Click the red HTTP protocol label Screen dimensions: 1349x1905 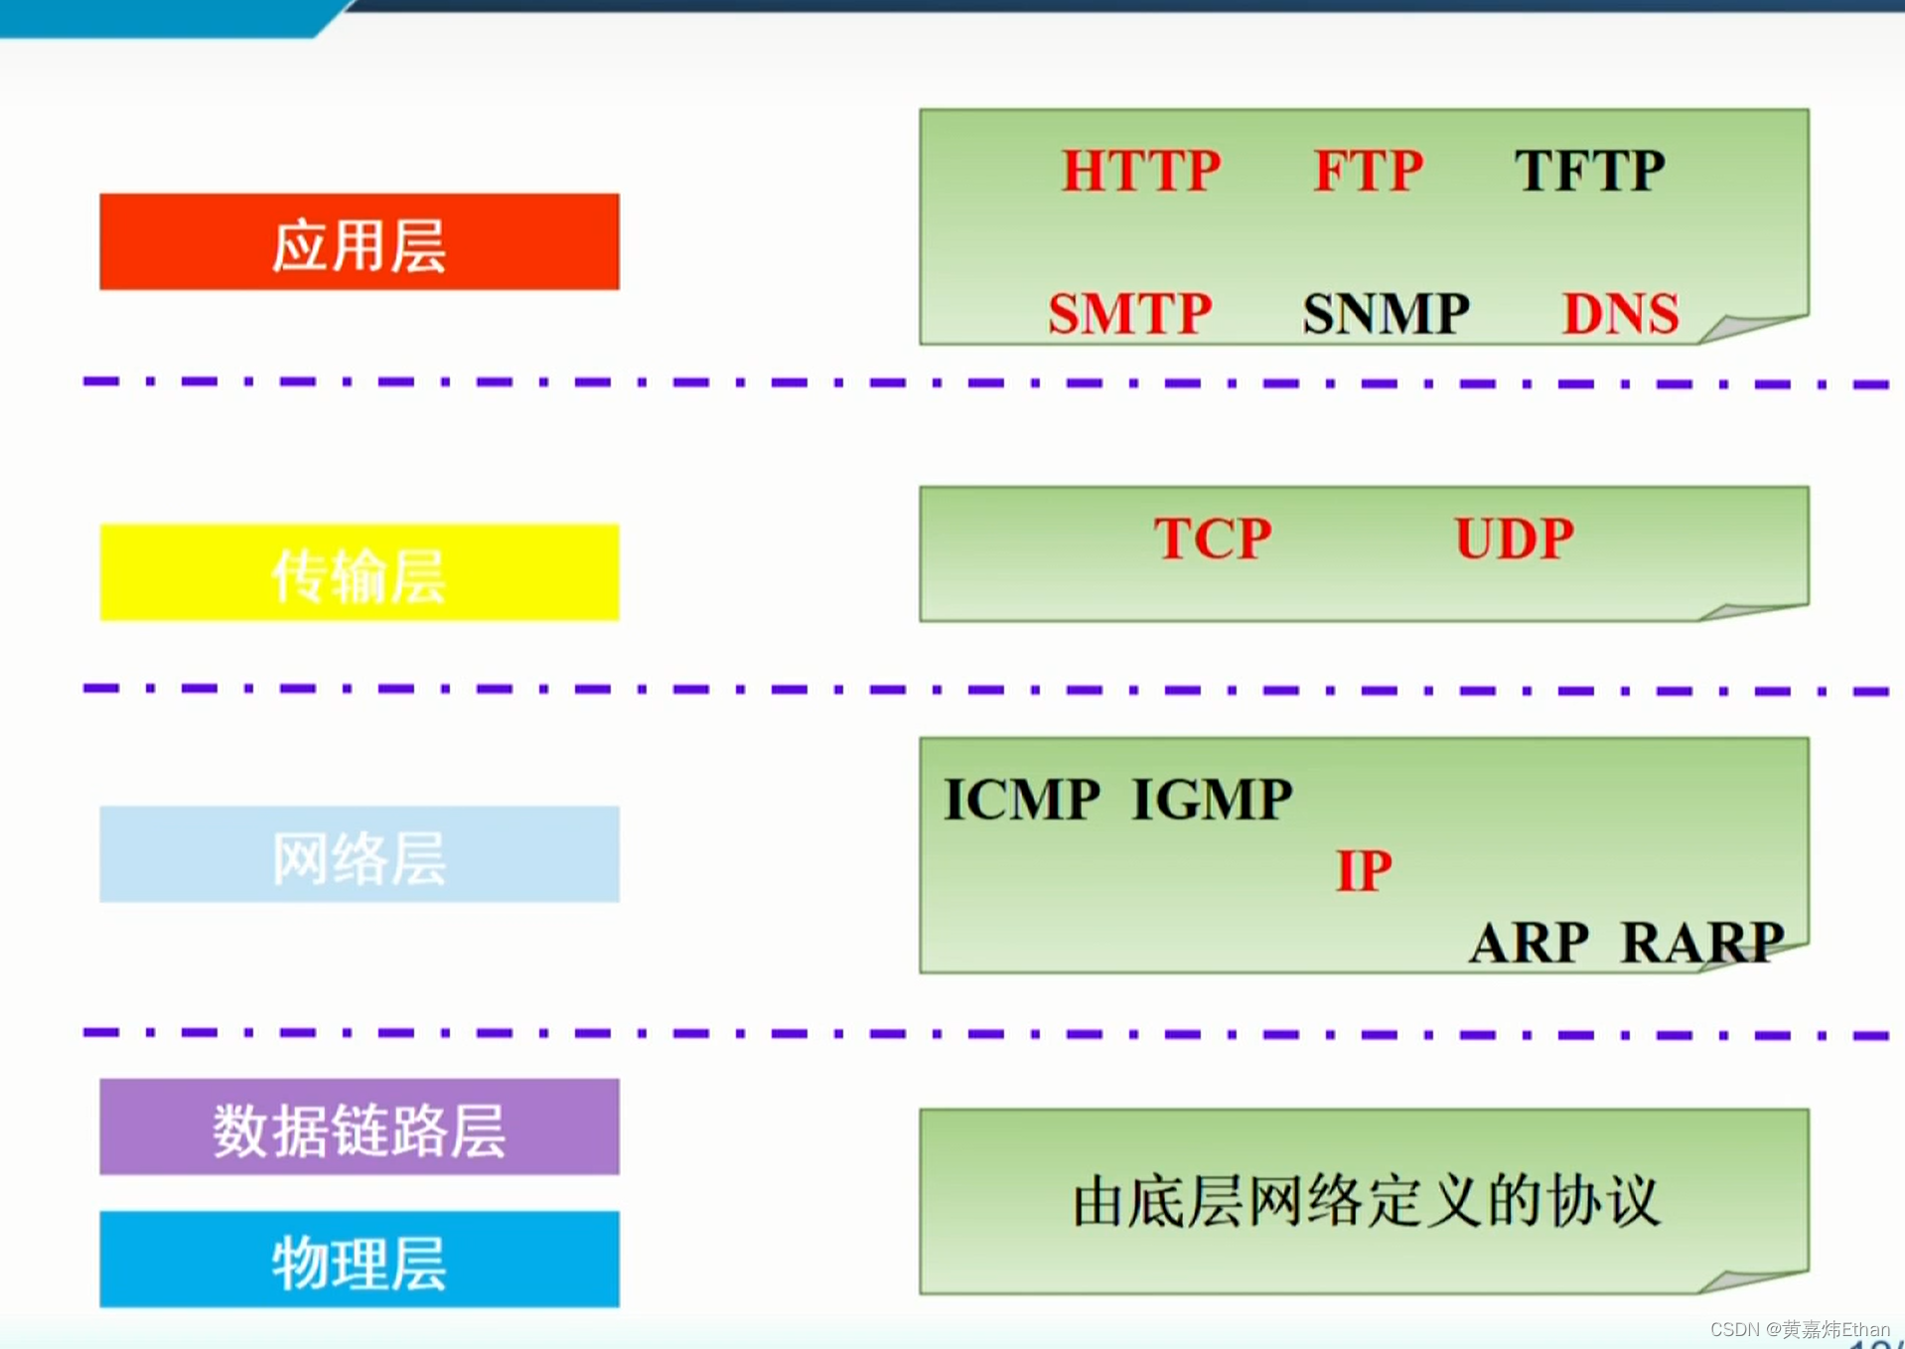[x=1141, y=170]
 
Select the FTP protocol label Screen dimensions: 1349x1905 [x=1368, y=170]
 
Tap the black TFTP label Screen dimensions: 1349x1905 [x=1589, y=170]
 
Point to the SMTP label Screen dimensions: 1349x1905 [x=1130, y=313]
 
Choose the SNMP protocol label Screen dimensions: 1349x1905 [x=1386, y=313]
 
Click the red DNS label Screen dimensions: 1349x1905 [x=1620, y=313]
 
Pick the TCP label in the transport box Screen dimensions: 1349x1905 [x=1212, y=538]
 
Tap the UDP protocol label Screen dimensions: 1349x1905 [x=1514, y=538]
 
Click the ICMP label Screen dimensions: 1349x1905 [x=1022, y=800]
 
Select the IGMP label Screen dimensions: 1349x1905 [x=1212, y=800]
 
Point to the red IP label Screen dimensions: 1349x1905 [x=1364, y=871]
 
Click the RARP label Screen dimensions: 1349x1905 [x=1701, y=942]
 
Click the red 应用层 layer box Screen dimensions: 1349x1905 [x=359, y=242]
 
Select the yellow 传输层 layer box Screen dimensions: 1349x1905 [x=359, y=572]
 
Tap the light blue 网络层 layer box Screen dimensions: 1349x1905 [x=359, y=854]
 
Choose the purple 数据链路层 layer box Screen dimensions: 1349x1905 [x=359, y=1126]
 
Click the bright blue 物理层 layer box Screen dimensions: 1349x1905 [x=359, y=1259]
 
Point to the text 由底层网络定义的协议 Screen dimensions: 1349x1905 [x=1366, y=1201]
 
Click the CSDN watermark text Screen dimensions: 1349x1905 [x=1799, y=1329]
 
